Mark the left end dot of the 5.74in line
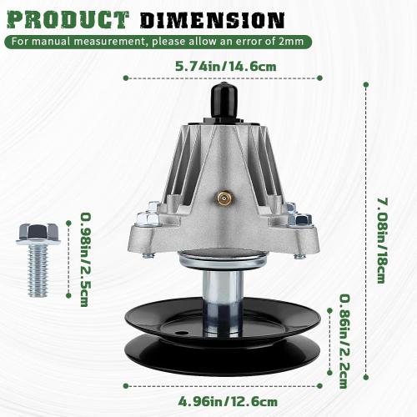coord(125,78)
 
